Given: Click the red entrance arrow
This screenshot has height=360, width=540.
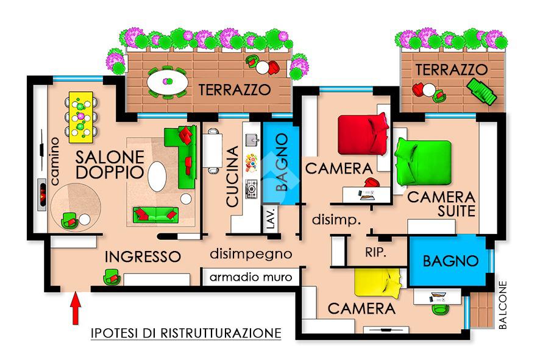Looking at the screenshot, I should pyautogui.click(x=76, y=308).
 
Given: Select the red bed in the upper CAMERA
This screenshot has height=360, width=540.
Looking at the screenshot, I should pyautogui.click(x=363, y=135).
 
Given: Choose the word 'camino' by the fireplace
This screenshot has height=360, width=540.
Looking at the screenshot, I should pyautogui.click(x=55, y=161).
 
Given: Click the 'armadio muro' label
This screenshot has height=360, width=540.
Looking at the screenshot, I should pyautogui.click(x=251, y=278).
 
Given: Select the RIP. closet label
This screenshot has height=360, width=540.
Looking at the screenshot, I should pyautogui.click(x=376, y=252).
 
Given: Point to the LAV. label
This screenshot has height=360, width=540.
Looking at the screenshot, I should pyautogui.click(x=271, y=219).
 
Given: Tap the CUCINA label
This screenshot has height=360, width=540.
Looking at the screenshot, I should pyautogui.click(x=233, y=177).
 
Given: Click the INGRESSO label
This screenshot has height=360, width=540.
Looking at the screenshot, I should pyautogui.click(x=143, y=256).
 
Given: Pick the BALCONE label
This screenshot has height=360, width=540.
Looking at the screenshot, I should pyautogui.click(x=503, y=305).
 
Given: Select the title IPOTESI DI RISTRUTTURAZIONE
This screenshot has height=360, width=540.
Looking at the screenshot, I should pyautogui.click(x=186, y=333).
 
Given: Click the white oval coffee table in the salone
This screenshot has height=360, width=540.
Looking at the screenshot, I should pyautogui.click(x=157, y=177).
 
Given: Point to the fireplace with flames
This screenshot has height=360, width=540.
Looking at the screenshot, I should pyautogui.click(x=41, y=194).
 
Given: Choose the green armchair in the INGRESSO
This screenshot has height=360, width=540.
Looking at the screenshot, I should pyautogui.click(x=112, y=278).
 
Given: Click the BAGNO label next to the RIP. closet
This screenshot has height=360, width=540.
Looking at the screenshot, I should pyautogui.click(x=450, y=261).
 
